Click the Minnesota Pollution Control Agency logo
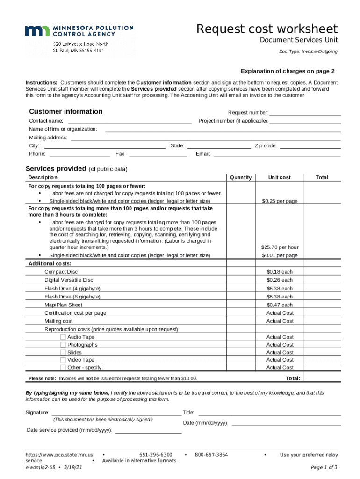click(x=79, y=31)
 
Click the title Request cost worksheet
click(x=266, y=29)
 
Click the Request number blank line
click(x=305, y=112)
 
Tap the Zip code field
click(x=310, y=145)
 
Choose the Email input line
click(x=277, y=153)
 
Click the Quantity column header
click(x=241, y=177)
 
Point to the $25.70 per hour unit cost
click(x=280, y=247)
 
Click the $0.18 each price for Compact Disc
click(x=280, y=272)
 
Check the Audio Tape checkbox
click(x=63, y=337)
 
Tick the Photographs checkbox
click(x=63, y=345)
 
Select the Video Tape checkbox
click(x=63, y=360)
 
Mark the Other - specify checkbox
click(x=63, y=367)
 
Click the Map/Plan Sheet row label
click(x=63, y=305)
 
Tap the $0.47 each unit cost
click(x=280, y=305)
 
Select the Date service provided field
click(x=148, y=430)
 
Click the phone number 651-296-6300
click(x=156, y=455)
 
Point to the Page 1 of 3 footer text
click(x=324, y=467)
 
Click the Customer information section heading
click(x=66, y=111)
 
